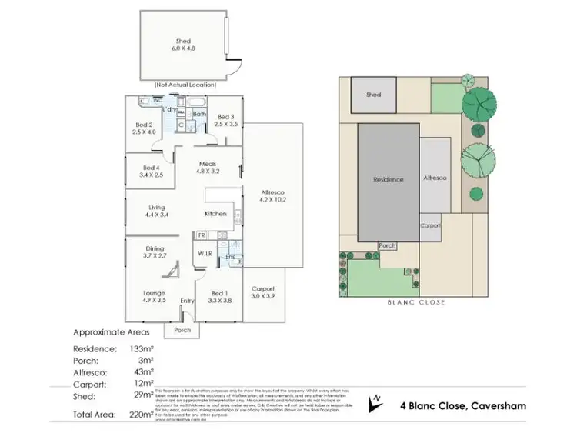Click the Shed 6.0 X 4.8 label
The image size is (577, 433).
coord(182,45)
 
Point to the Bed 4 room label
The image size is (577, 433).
coord(152,172)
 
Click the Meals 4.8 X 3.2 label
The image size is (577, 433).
coord(208,168)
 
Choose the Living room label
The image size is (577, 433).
coord(157,210)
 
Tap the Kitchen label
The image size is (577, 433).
coord(215,213)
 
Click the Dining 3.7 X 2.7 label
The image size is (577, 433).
coord(155,252)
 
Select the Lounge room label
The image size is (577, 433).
coord(155,296)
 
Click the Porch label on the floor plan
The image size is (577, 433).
coord(182,331)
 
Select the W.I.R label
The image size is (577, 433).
coord(205,255)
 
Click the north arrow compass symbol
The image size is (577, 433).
coord(375,401)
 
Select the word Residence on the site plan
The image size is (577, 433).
coord(389,180)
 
